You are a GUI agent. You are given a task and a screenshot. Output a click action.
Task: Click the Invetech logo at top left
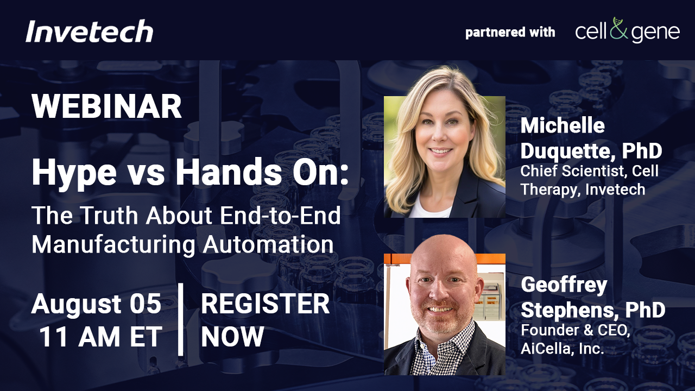point(90,31)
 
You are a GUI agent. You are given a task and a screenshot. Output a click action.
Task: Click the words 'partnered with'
point(510,32)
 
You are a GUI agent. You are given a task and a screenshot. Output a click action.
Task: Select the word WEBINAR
point(106,106)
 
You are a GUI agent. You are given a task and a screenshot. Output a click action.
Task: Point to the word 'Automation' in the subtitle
point(268,244)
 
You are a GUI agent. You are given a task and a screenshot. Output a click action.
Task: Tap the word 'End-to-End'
point(280,215)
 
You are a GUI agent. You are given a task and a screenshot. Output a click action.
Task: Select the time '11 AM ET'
point(101,337)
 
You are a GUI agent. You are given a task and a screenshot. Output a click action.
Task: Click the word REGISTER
point(266,304)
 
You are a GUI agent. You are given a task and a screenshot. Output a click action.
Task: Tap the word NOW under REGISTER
point(233,337)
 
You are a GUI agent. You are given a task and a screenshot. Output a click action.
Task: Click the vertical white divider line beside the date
point(181,319)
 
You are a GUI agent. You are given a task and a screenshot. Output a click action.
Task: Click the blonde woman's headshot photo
point(445,157)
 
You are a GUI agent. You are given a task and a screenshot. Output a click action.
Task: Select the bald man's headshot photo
point(445,314)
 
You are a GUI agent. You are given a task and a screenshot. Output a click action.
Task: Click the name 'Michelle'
point(563,125)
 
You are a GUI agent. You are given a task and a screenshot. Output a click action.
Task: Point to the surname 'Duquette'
point(566,151)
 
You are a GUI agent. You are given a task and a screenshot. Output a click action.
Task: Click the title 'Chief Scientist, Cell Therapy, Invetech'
point(590,180)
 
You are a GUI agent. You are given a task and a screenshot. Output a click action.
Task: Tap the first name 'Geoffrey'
point(564,286)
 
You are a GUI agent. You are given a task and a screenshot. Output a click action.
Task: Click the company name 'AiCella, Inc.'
point(563,349)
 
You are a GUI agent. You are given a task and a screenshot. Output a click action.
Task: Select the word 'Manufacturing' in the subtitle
point(113,245)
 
